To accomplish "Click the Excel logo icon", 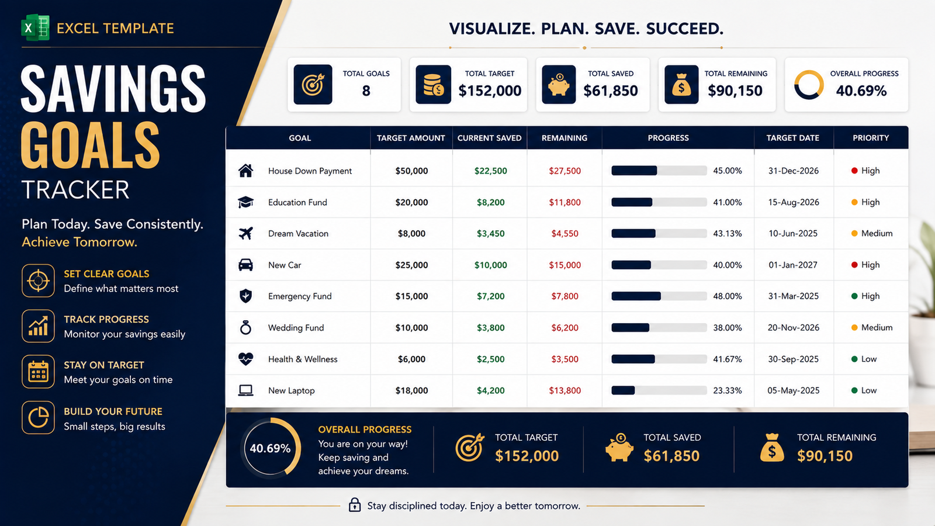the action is click(36, 27).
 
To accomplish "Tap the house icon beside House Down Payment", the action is click(245, 171).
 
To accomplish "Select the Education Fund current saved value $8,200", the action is click(490, 202).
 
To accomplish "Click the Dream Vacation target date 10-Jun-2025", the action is click(793, 234).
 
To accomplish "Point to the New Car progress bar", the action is click(659, 265).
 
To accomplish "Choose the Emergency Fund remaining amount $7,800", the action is click(565, 296).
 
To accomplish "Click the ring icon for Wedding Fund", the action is click(245, 328).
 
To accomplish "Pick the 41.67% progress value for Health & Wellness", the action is click(728, 359).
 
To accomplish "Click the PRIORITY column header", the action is click(871, 138).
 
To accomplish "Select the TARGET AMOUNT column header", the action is click(411, 138).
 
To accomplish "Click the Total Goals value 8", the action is click(366, 91).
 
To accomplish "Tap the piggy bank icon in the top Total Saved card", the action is click(559, 84).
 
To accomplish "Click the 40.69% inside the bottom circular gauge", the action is click(270, 449).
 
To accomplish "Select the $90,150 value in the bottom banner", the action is click(825, 456).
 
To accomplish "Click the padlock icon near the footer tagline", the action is click(354, 505).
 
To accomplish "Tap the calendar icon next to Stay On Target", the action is click(38, 372).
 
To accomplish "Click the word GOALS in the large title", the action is click(90, 145).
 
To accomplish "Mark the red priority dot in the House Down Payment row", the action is click(854, 171).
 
